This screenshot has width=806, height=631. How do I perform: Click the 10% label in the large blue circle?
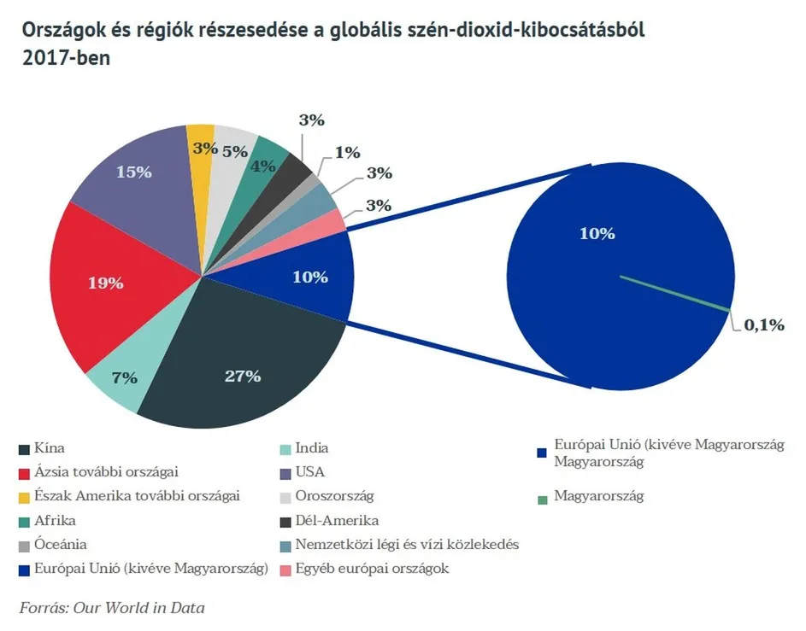click(597, 234)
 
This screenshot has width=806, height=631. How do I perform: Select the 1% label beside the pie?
click(347, 153)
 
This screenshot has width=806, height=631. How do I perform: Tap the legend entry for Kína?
click(49, 448)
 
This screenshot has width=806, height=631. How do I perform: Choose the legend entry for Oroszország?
click(334, 495)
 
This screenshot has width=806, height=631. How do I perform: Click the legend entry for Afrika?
click(55, 520)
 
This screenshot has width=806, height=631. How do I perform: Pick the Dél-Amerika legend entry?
click(337, 520)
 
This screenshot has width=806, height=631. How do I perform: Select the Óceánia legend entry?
click(61, 544)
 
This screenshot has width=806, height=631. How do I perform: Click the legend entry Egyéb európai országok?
click(372, 568)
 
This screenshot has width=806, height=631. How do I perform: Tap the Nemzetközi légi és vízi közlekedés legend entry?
click(406, 544)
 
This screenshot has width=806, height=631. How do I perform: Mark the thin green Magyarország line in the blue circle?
click(675, 293)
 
